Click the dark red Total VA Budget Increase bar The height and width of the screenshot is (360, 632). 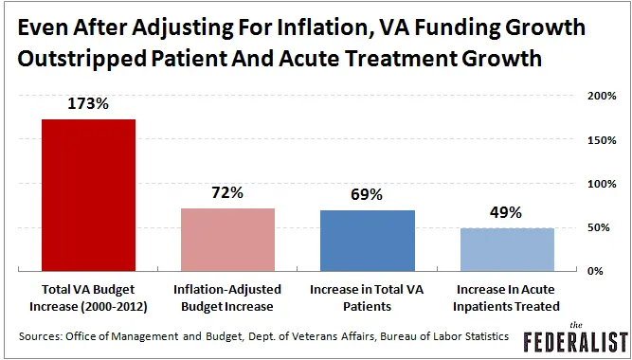coord(87,195)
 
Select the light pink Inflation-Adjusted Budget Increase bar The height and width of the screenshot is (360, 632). coord(227,239)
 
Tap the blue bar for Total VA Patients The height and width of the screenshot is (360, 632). coord(367,240)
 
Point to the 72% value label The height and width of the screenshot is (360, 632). coord(227,192)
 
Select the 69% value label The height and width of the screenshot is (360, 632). coord(367,195)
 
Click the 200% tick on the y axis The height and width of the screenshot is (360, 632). coord(603,96)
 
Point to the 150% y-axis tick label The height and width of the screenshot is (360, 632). coord(603,140)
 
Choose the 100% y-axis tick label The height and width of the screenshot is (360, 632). coord(603,184)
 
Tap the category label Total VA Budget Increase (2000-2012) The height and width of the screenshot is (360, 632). coord(87,296)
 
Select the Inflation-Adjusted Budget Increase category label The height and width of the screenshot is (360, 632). coord(227,296)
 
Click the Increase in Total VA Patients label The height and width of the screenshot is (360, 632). coord(367,296)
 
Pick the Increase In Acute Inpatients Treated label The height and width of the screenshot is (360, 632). coord(507,296)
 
